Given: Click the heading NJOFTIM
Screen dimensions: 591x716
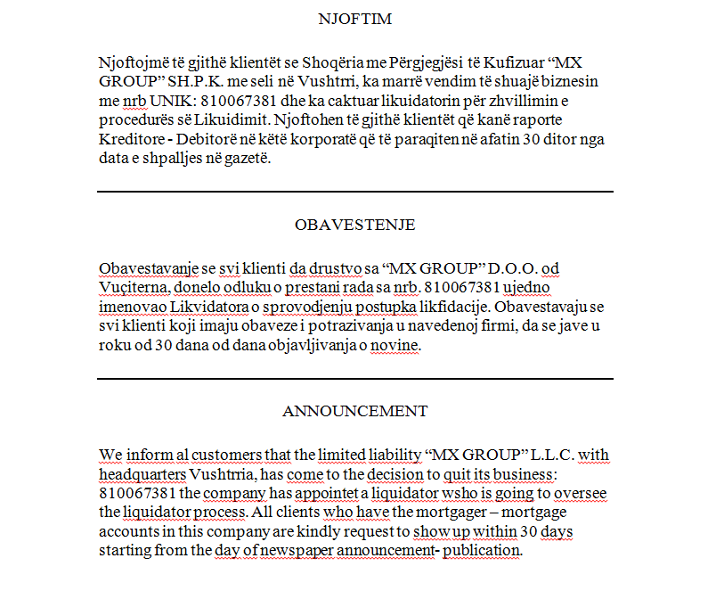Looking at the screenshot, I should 355,19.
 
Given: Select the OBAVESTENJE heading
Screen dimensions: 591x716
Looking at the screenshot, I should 354,225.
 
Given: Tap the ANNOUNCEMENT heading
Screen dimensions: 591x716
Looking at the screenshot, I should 354,411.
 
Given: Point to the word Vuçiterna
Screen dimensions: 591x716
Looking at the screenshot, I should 134,287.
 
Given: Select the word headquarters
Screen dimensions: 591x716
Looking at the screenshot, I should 142,473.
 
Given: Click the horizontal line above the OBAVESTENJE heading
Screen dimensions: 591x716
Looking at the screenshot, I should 354,192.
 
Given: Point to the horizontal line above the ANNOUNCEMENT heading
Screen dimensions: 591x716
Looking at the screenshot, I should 354,379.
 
